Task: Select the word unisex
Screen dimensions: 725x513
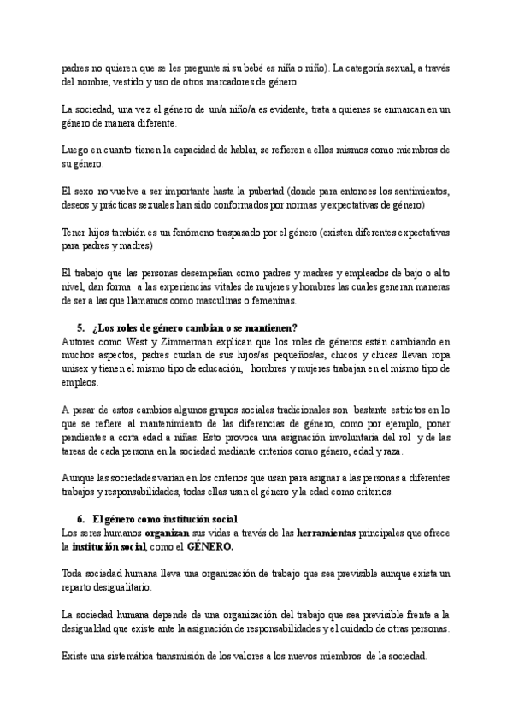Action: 76,368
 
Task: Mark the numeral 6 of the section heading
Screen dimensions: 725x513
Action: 80,518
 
